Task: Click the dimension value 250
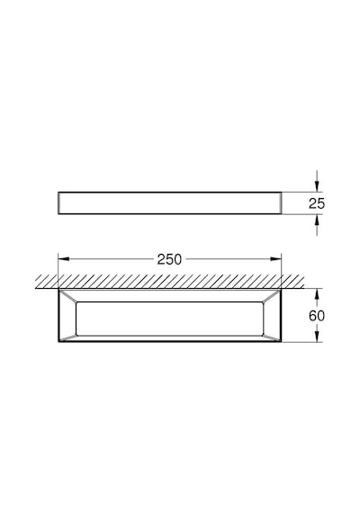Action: (x=169, y=259)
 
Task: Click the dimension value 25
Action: (x=317, y=203)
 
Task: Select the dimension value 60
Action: (x=317, y=316)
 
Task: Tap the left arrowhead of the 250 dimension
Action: (x=64, y=259)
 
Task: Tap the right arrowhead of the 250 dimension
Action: (x=276, y=259)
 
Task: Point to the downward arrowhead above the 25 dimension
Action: (x=317, y=186)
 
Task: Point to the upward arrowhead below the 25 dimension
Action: (x=317, y=220)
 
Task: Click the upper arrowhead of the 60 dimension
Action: (x=317, y=294)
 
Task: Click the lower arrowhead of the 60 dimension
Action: (x=317, y=337)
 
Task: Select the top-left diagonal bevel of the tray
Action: (x=67, y=296)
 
